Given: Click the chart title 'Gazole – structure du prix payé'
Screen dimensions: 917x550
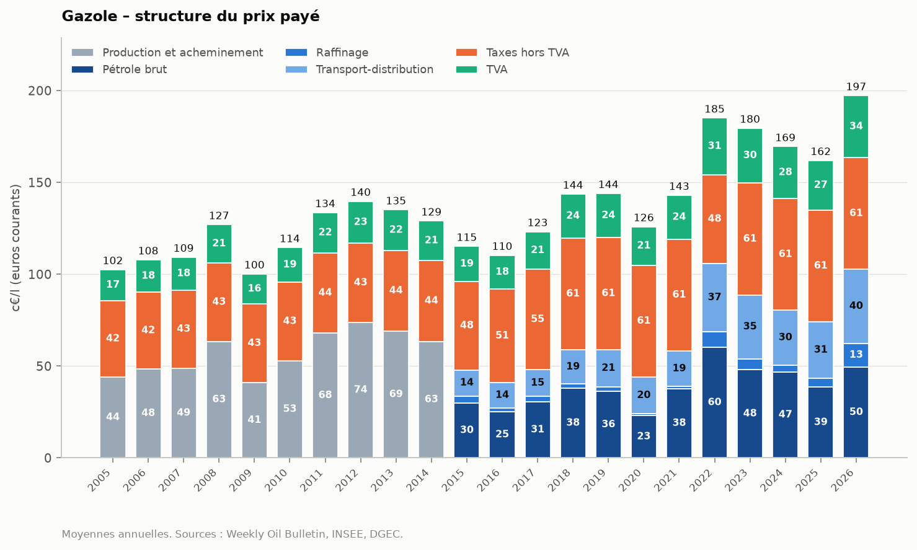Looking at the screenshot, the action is tap(190, 16).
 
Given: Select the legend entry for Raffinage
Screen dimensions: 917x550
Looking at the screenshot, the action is tap(327, 53).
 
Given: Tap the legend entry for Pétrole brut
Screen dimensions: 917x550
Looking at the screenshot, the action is tap(119, 69).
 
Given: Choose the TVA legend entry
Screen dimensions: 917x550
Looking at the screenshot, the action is tap(482, 69).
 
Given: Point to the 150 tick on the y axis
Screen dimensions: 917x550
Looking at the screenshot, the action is tap(40, 182).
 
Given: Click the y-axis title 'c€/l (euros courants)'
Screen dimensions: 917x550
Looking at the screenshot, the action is tap(15, 248).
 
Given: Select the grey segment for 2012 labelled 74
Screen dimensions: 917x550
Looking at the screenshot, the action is tap(361, 389).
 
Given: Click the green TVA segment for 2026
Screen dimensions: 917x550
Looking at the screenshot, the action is tap(856, 126).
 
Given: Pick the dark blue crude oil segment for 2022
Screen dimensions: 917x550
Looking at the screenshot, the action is tap(714, 402).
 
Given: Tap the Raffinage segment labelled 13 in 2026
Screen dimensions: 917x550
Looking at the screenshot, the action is tap(856, 355).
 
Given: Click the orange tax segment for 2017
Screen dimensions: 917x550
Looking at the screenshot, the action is tap(538, 319).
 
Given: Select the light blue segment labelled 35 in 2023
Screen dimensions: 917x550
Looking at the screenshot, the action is tap(750, 327).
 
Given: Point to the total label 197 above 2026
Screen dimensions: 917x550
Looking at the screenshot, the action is tap(856, 87).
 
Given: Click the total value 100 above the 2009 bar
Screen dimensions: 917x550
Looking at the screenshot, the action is tap(254, 265).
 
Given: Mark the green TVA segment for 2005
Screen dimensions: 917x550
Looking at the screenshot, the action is tap(113, 285).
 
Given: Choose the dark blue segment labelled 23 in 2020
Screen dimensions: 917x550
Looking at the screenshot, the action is tap(644, 436).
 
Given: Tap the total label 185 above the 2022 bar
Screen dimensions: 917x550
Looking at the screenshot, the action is tap(714, 109).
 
